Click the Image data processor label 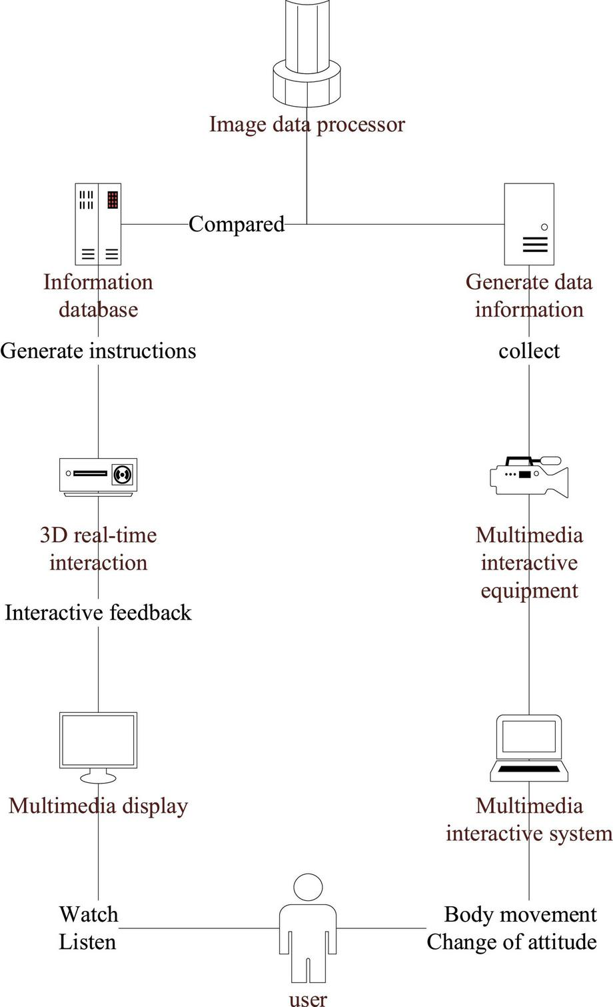[306, 125]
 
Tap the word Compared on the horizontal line [236, 224]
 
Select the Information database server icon [98, 224]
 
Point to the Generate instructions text [98, 351]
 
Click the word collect [529, 351]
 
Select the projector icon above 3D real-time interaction [98, 476]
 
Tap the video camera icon [529, 476]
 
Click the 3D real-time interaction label [98, 549]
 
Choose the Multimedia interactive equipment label [529, 563]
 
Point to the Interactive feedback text [98, 613]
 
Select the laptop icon [529, 748]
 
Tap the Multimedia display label [98, 806]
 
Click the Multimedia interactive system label [529, 820]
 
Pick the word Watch [89, 914]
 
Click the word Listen [87, 942]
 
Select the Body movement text [520, 914]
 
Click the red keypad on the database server [113, 199]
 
